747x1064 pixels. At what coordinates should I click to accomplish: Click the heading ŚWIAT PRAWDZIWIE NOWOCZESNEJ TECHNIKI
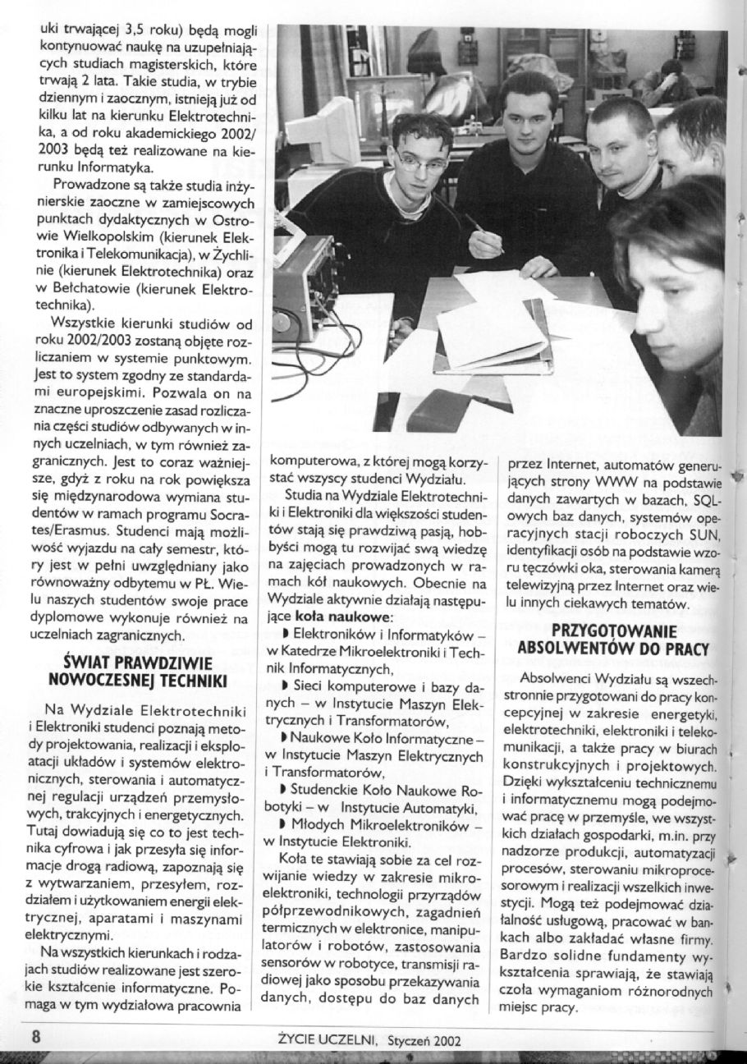pyautogui.click(x=138, y=671)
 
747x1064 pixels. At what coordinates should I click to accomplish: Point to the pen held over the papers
pyautogui.click(x=484, y=234)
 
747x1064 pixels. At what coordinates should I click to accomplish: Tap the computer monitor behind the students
pyautogui.click(x=323, y=131)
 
